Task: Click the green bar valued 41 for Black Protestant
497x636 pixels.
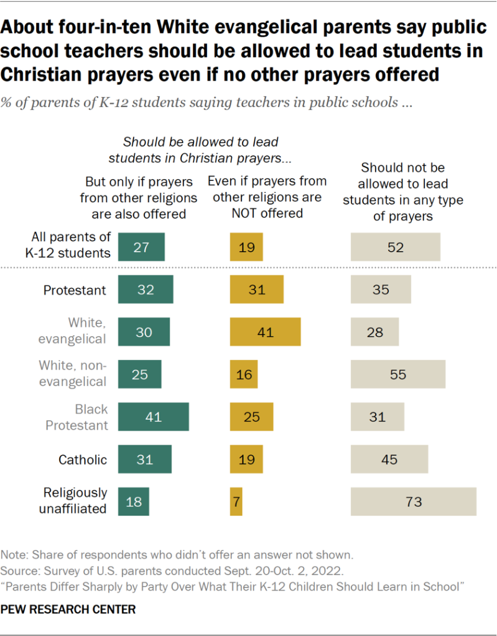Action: [153, 417]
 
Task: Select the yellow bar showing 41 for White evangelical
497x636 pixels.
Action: [265, 332]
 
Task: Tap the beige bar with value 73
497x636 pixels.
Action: [414, 502]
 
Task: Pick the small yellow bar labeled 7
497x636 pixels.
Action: [236, 502]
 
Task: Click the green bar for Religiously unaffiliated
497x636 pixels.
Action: [134, 502]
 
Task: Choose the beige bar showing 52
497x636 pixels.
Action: [396, 247]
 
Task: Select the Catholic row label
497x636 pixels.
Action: [83, 460]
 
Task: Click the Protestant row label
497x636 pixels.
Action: [75, 290]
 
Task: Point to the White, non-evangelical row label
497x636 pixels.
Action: [73, 373]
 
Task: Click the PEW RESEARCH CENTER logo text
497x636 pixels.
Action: [68, 610]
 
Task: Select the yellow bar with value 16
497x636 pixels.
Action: [243, 374]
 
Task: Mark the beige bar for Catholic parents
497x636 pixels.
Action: [389, 460]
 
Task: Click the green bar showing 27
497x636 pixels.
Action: [141, 247]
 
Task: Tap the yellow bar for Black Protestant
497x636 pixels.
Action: [251, 417]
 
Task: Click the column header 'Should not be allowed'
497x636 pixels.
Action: [404, 192]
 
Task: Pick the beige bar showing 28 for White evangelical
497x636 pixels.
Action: [374, 332]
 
